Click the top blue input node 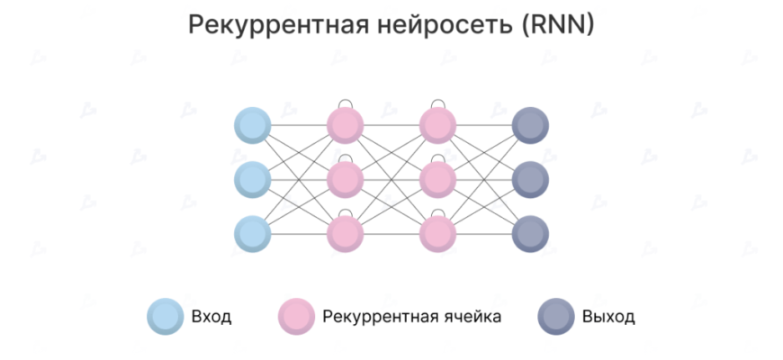[252, 126]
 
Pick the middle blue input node [252, 179]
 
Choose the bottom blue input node [252, 233]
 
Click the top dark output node [529, 126]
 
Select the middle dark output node [529, 179]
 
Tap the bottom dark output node [529, 233]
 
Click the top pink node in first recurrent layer [345, 126]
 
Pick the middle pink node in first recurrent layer [345, 179]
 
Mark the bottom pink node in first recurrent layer [345, 233]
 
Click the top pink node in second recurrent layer [437, 126]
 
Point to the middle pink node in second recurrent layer [437, 179]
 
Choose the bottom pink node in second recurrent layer [437, 233]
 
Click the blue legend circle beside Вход [166, 318]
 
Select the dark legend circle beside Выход [556, 318]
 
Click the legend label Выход [608, 318]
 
